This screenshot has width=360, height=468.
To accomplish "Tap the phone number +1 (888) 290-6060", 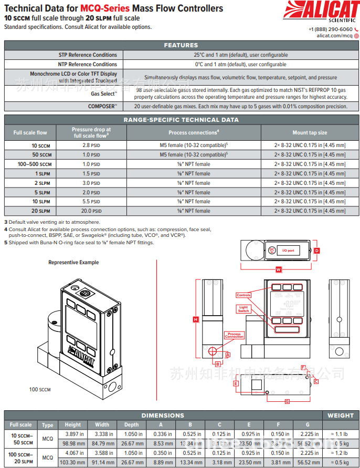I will tap(330, 29).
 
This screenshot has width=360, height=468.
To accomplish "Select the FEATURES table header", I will tap(181, 45).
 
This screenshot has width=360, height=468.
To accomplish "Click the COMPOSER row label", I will tap(102, 106).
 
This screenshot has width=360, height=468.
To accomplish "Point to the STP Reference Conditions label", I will tap(88, 55).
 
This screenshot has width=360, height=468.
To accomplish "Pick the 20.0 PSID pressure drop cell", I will tap(87, 211).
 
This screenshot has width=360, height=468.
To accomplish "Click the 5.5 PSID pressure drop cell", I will tap(87, 201).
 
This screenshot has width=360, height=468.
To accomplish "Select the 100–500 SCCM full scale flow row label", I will tap(35, 164).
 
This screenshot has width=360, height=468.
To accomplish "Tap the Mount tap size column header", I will tap(310, 133).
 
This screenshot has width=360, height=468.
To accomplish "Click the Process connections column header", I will tap(194, 133).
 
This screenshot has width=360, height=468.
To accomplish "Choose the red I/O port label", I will tap(288, 251).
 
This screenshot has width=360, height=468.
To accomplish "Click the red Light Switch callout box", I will tap(243, 309).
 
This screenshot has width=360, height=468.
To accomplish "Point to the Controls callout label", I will tap(243, 295).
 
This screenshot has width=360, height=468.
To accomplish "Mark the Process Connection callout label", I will tap(234, 335).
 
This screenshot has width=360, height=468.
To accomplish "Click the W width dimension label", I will tap(279, 269).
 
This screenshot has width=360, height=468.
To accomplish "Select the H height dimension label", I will tap(195, 319).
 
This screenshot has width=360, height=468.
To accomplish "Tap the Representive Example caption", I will tap(73, 262).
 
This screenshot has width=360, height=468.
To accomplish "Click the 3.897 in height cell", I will tap(73, 434).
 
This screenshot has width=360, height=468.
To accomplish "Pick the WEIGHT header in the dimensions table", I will tap(341, 415).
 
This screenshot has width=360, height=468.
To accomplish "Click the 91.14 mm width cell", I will tap(102, 462).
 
